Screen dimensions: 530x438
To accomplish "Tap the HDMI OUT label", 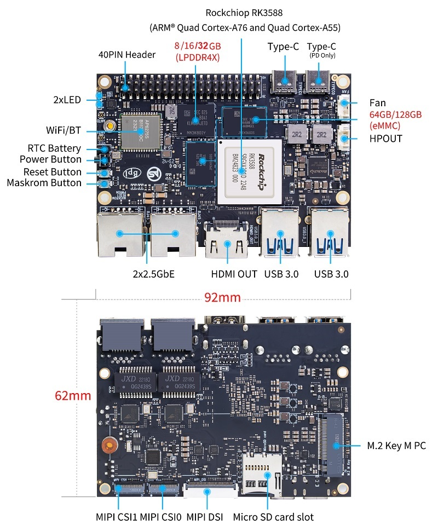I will tap(234, 274).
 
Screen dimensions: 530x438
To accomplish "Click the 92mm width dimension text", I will tap(223, 297).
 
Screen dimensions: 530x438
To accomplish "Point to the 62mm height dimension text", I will tap(73, 395).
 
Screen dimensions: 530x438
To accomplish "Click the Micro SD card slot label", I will tap(273, 516).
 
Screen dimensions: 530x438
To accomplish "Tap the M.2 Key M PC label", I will tap(396, 446).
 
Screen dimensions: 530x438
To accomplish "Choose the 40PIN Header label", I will tap(127, 55).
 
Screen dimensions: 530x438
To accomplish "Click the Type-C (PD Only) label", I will tap(321, 50).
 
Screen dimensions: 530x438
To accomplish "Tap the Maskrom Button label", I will tap(44, 183).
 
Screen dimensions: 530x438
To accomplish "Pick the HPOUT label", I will tap(385, 139).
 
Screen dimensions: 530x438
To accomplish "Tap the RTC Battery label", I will tap(54, 148).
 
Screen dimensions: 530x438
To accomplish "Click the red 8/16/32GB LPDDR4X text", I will tap(197, 50).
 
